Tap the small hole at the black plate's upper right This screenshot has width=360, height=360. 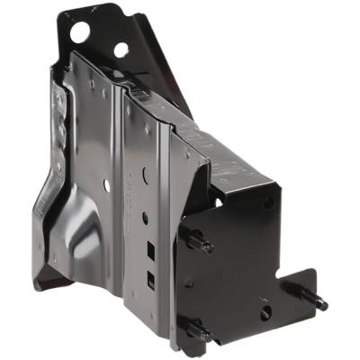(267, 203)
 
